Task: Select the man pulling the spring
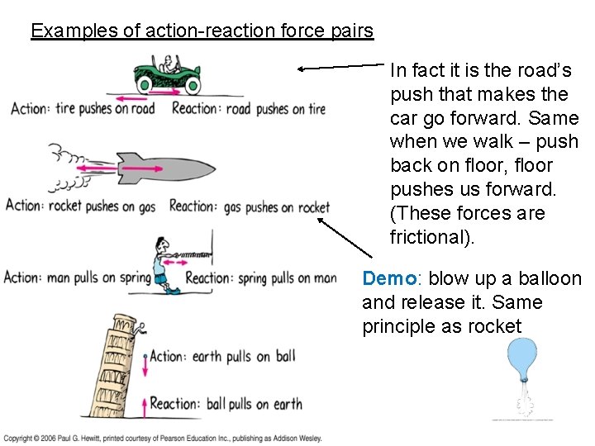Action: click(x=162, y=263)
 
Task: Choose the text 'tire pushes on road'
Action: click(x=105, y=109)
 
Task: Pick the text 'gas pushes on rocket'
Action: click(x=276, y=206)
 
